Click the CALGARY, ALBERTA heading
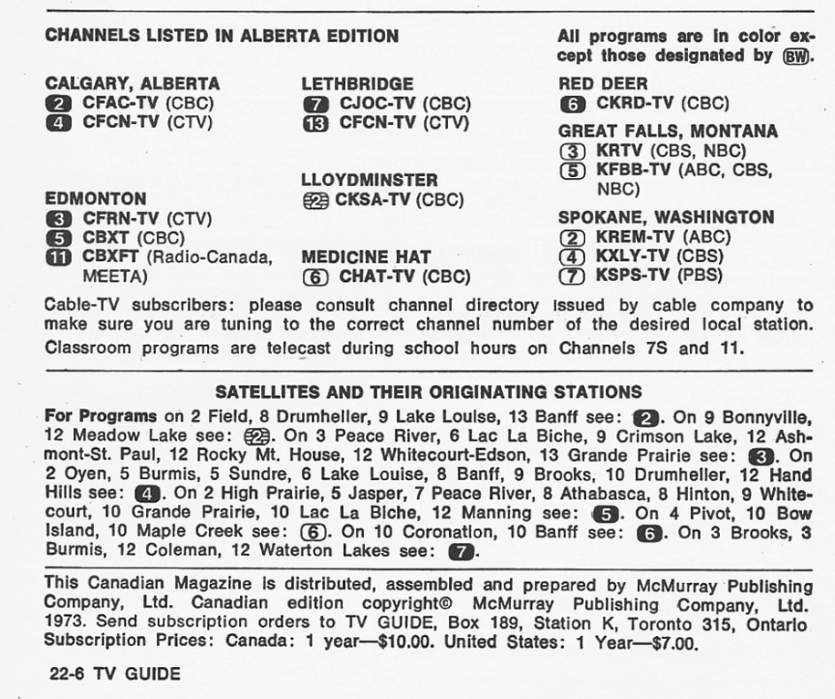[x=132, y=84]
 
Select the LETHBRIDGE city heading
[x=357, y=84]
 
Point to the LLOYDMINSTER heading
[x=370, y=180]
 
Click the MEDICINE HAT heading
[x=366, y=256]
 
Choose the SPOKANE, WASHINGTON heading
[x=666, y=217]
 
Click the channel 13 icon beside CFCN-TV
[x=314, y=122]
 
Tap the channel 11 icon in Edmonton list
[x=57, y=257]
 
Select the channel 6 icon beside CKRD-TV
[x=571, y=104]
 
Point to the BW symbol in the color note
[x=798, y=57]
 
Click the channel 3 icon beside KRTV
[x=571, y=151]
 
